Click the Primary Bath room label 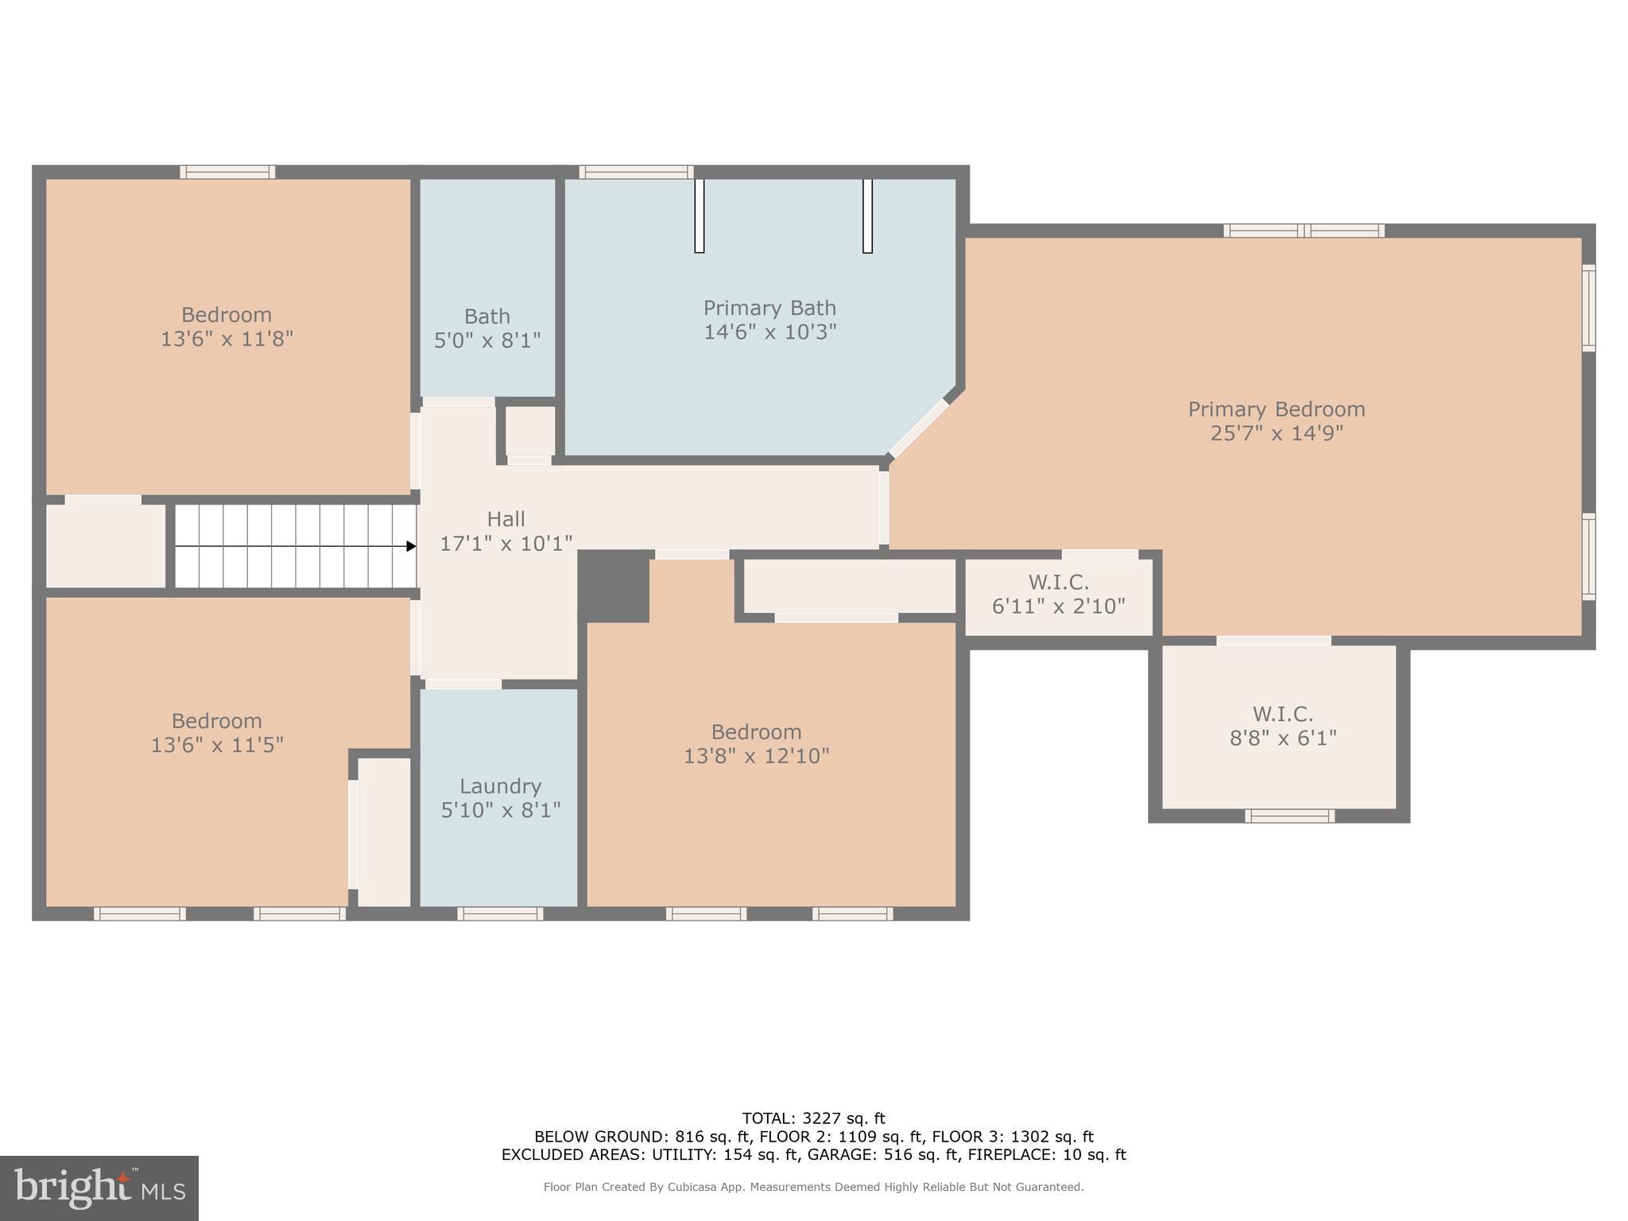coord(769,308)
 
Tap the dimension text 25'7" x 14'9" coord(1277,433)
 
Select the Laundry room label coord(500,786)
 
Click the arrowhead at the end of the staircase coord(411,546)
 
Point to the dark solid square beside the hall coord(614,586)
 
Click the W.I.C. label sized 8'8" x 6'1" coord(1282,714)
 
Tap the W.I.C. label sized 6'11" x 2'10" coord(1058,582)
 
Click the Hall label coord(506,519)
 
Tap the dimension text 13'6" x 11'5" coord(217,745)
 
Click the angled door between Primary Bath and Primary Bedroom coord(919,428)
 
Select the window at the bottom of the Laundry coord(500,913)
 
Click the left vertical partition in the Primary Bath coord(699,215)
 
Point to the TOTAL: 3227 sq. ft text coord(813,1118)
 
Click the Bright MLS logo coord(99,1188)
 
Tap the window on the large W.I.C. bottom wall coord(1289,816)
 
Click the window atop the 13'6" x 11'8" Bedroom coord(227,172)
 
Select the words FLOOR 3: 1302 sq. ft coord(1012,1137)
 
